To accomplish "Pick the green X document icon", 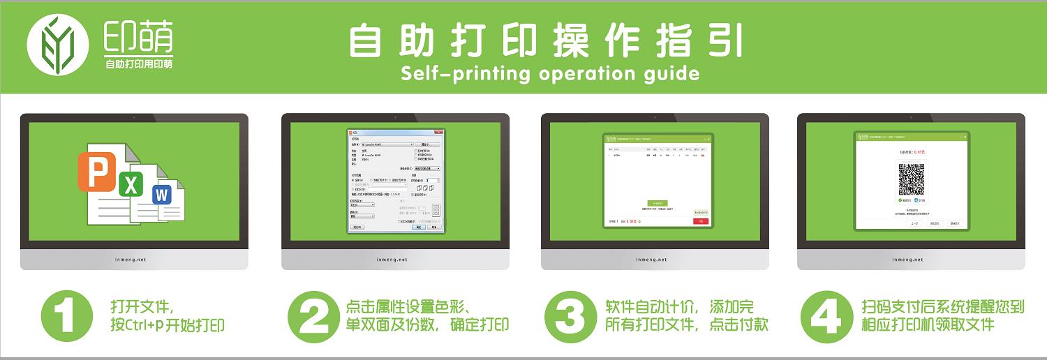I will (x=131, y=184).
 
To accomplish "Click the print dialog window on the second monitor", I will (x=396, y=179).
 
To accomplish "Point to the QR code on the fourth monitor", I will (x=912, y=179).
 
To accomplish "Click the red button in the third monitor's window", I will (x=700, y=221).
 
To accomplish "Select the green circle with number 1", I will (x=67, y=317).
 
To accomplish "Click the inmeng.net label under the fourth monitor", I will (x=910, y=260).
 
